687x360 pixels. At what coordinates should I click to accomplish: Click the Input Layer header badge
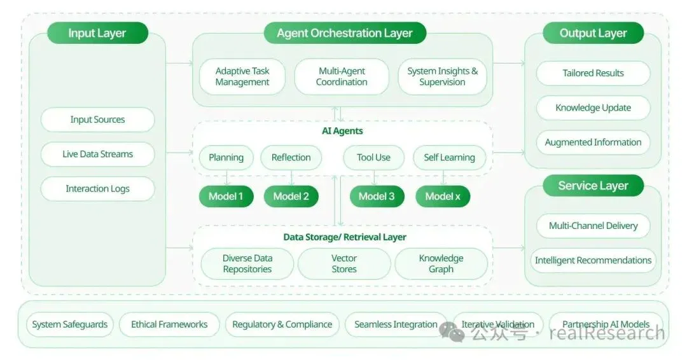coord(98,33)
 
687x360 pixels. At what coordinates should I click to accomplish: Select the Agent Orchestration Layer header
coord(345,33)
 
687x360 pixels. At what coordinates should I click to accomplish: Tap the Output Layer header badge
coord(593,33)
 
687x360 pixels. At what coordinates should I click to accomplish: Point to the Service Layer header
coord(593,186)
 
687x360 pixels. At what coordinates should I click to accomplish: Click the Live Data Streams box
coord(98,154)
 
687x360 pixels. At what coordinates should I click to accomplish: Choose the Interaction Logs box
coord(98,189)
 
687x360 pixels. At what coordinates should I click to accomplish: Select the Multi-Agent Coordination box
coord(342,76)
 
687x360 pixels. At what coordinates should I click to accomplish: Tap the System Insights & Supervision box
coord(443,76)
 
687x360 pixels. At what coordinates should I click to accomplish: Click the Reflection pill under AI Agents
coord(291,158)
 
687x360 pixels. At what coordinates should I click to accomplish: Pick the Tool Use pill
coord(374,158)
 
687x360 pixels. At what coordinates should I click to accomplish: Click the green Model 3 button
coord(377,196)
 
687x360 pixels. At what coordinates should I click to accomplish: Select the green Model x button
coord(443,196)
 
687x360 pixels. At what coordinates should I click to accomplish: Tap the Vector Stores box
coord(344,264)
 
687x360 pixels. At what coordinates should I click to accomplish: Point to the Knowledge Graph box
coord(441,264)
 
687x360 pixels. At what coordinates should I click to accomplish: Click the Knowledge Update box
coord(593,107)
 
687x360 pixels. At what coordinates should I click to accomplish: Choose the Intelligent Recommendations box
coord(593,261)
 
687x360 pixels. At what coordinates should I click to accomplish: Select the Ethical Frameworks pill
coord(169,324)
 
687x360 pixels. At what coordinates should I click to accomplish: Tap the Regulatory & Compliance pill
coord(282,324)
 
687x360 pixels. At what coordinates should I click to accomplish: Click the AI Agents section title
coord(343,131)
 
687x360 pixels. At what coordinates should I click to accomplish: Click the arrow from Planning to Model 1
coord(226,178)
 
